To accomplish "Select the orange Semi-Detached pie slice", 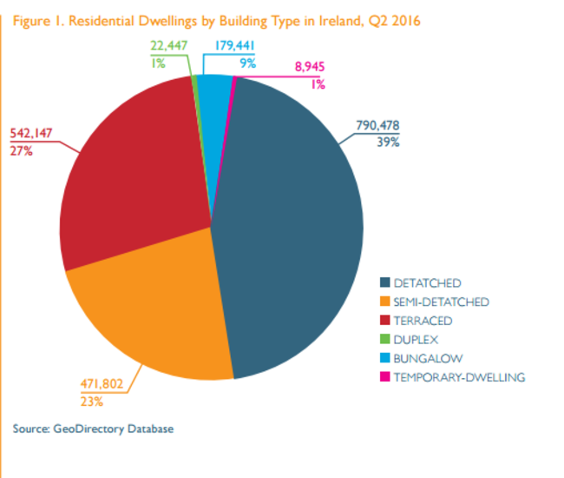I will tap(148, 304).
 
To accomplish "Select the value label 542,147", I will tap(33, 134).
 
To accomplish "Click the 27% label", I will tap(21, 150).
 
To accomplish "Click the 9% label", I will tap(247, 62).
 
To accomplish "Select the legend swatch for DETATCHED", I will tap(384, 283).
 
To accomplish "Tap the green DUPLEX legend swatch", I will tap(384, 340).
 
